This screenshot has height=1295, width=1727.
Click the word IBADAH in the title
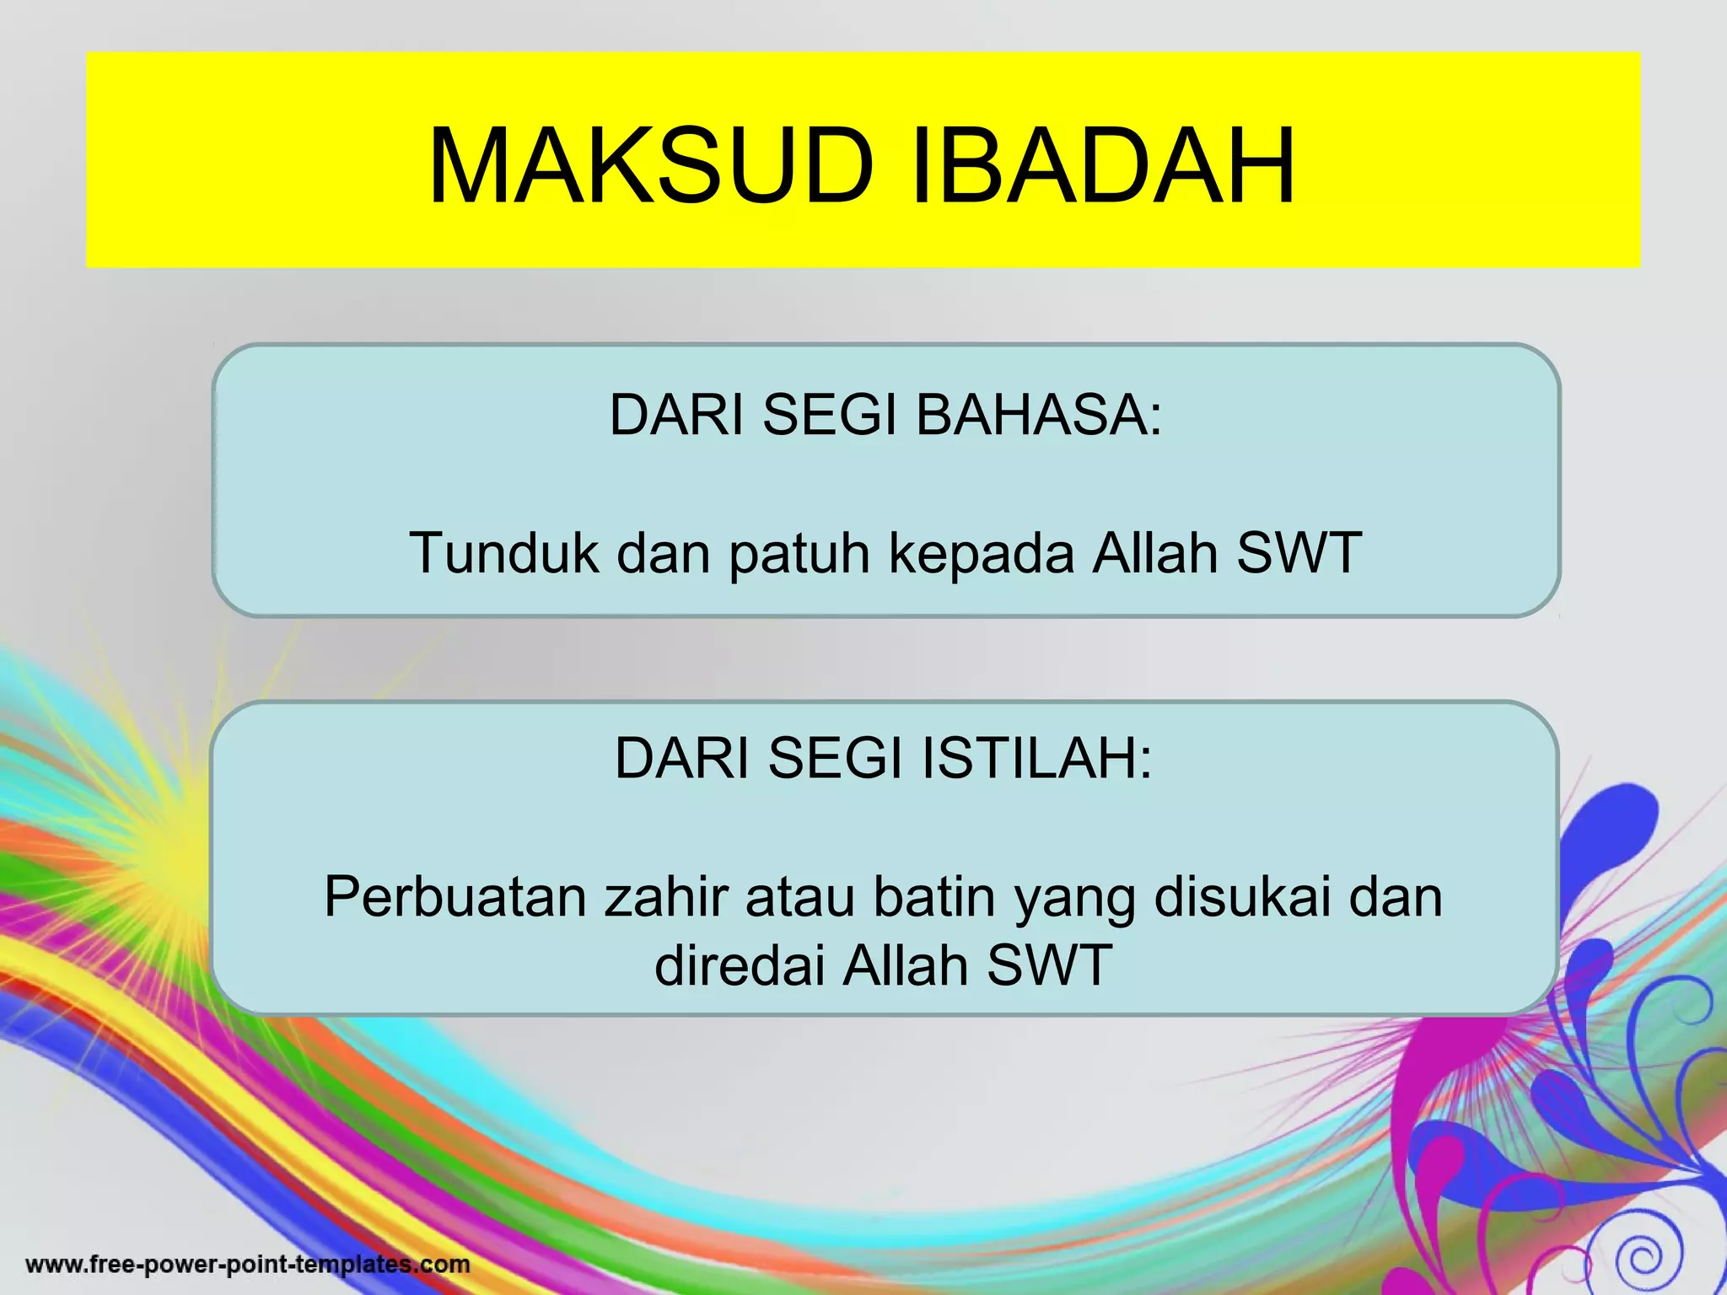click(x=1103, y=166)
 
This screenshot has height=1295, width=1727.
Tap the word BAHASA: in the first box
click(x=1039, y=415)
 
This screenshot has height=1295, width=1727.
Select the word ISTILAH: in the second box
click(x=1036, y=758)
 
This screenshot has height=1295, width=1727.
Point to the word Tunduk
click(x=503, y=553)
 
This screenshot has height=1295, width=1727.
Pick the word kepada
click(x=982, y=555)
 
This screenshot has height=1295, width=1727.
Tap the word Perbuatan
click(x=455, y=896)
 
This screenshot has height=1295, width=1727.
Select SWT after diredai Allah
click(x=1050, y=965)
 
